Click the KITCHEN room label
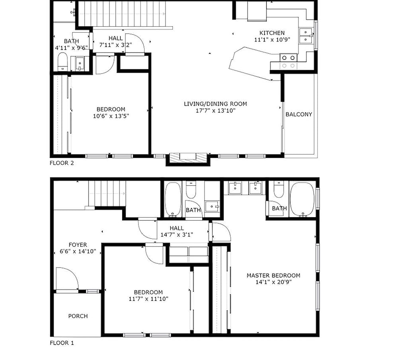coord(272,33)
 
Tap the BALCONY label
coord(299,115)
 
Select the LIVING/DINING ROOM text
coord(215,104)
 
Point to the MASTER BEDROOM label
coord(273,276)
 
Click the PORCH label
coord(78,316)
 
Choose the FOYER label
coord(78,245)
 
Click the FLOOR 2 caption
coord(62,163)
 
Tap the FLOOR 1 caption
coord(62,343)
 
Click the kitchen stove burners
coord(288,62)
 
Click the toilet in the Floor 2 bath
coord(62,62)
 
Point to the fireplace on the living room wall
coord(188,157)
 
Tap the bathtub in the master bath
coord(302,200)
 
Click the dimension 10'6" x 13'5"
coord(111,116)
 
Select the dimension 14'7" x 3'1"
coord(177,235)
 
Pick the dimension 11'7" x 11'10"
coord(148,299)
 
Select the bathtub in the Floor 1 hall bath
coord(173,200)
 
